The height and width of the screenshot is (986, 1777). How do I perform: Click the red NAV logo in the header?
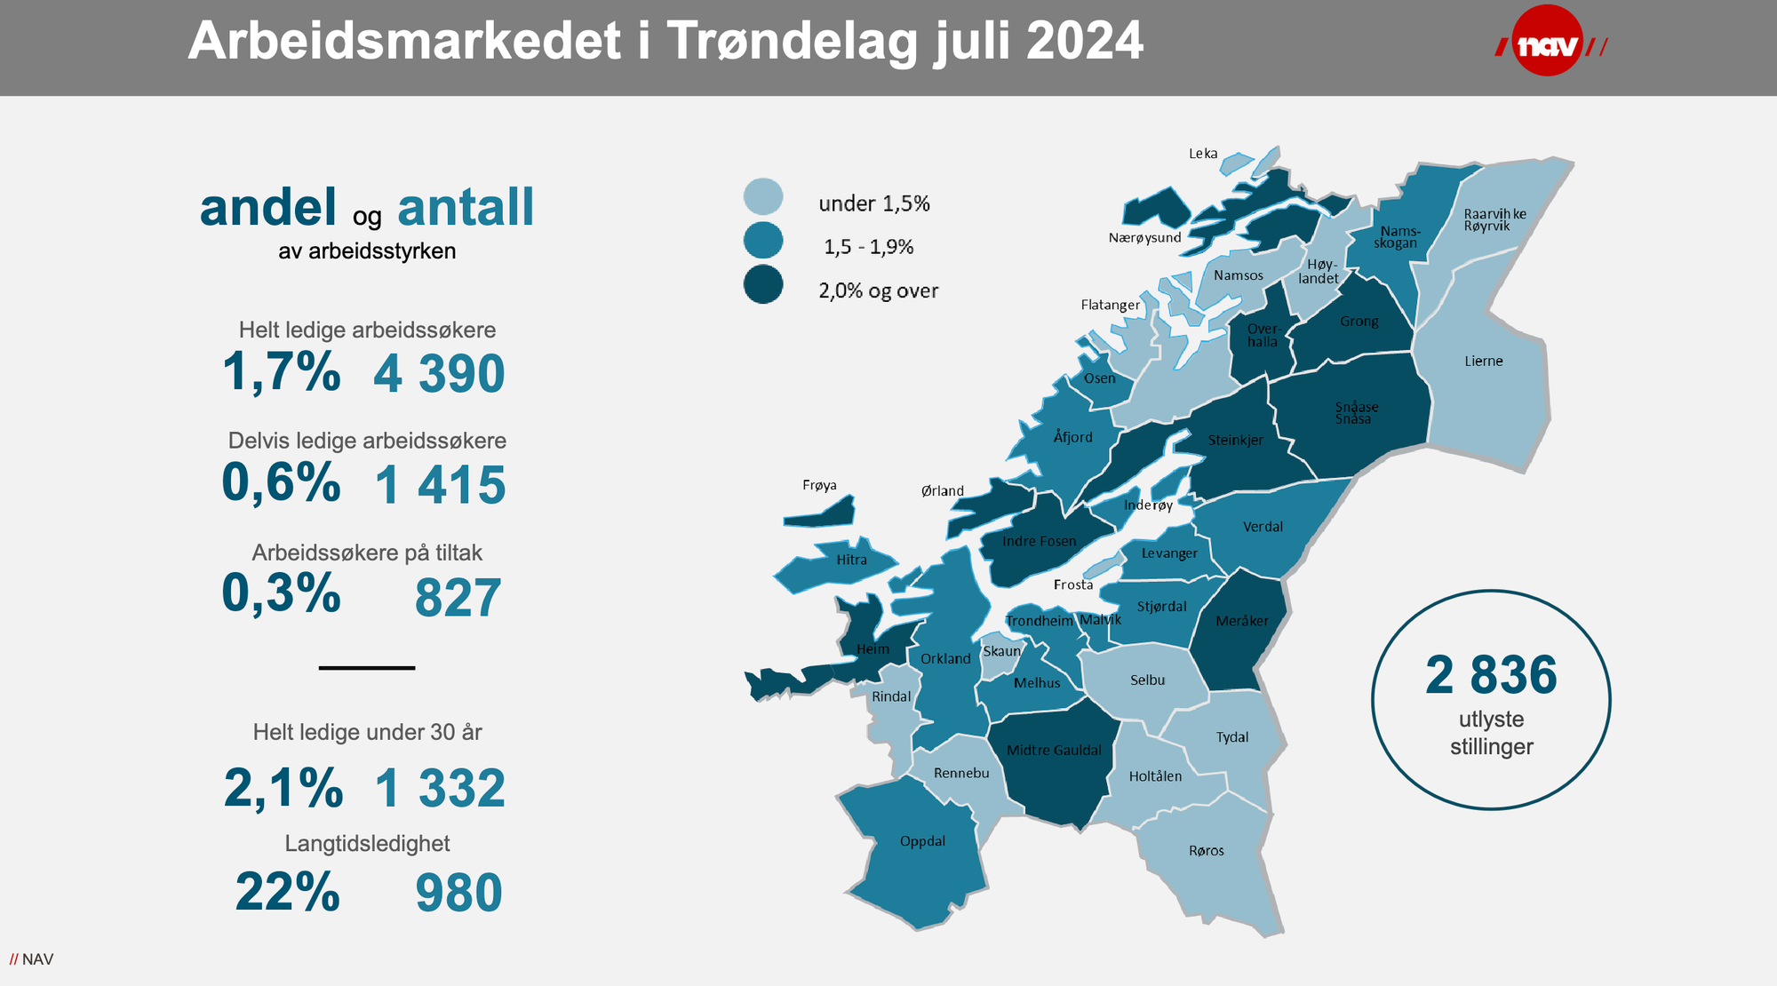click(1548, 42)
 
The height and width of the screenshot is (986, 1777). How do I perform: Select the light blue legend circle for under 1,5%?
click(763, 197)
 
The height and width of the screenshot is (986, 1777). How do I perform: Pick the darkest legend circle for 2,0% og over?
click(763, 285)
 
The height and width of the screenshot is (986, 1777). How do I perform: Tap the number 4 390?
click(439, 374)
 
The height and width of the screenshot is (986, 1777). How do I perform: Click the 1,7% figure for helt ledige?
click(281, 371)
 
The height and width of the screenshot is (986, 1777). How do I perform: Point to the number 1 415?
click(440, 486)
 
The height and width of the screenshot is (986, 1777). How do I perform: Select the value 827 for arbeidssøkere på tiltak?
click(458, 598)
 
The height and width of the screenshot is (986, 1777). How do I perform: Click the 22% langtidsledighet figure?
click(287, 892)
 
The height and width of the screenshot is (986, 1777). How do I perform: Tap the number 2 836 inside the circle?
click(1491, 675)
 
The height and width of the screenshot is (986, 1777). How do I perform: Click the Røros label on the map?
click(1206, 851)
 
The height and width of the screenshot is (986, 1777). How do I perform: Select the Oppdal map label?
click(922, 841)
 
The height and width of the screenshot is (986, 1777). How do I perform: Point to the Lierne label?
click(1483, 362)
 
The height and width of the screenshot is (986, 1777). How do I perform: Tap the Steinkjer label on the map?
click(1235, 440)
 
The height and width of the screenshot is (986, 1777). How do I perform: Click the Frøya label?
click(819, 485)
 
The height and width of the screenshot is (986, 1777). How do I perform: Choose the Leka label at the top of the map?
click(1203, 154)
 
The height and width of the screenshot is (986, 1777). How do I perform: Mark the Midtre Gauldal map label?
click(1053, 751)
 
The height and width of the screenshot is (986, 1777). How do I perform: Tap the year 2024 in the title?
click(1084, 41)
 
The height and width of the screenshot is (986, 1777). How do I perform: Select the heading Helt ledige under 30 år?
click(367, 732)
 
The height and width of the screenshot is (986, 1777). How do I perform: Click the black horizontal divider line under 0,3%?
click(366, 667)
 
